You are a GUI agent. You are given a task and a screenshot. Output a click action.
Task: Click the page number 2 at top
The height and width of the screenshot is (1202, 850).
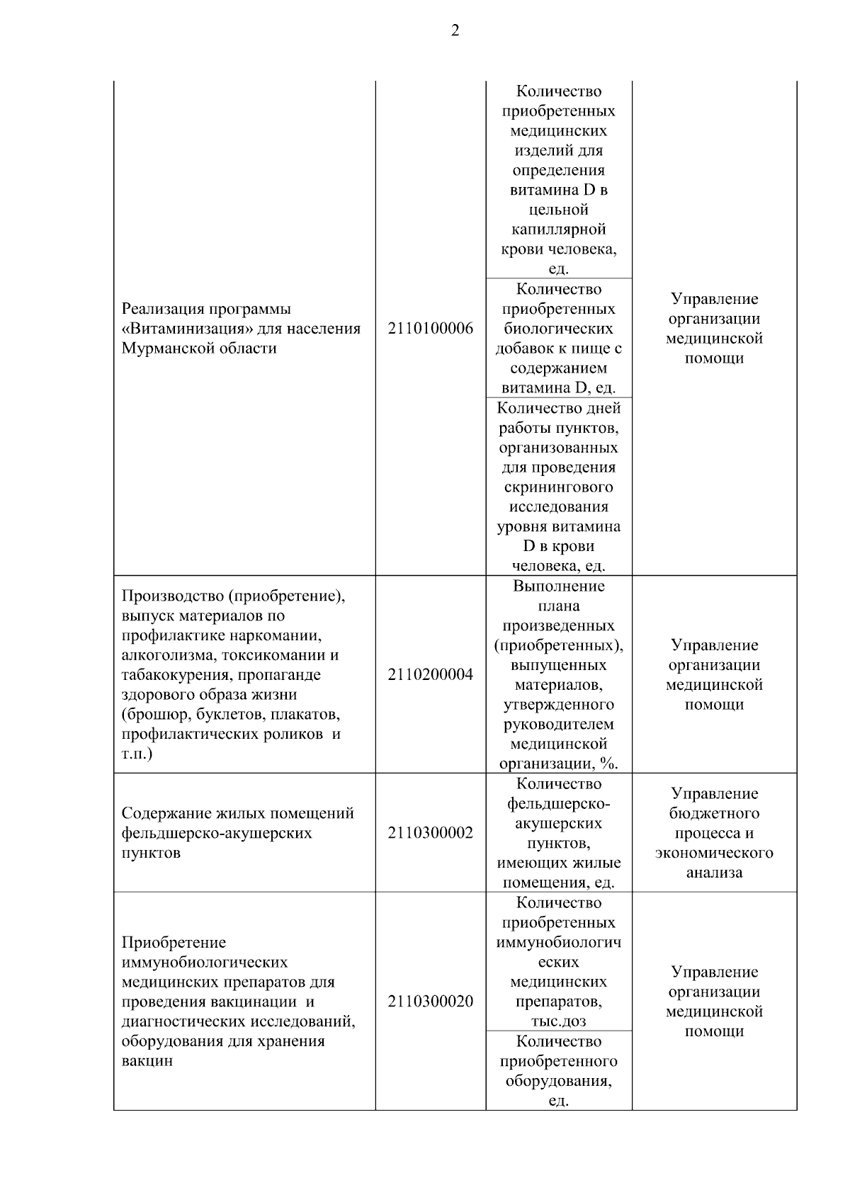click(455, 30)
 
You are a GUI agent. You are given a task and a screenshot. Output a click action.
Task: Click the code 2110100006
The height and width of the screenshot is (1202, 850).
click(430, 329)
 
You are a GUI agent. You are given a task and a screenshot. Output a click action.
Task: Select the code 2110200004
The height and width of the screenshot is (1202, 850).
click(430, 675)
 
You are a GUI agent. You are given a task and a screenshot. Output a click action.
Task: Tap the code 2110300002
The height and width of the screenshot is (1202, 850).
click(430, 833)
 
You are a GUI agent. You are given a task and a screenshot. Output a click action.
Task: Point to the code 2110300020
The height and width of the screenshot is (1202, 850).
click(430, 1002)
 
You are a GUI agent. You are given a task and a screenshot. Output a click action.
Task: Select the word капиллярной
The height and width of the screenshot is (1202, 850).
click(558, 229)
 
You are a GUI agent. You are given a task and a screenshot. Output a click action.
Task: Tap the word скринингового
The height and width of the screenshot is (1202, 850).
click(558, 487)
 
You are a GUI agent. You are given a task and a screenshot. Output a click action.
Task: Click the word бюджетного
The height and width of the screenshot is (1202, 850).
click(714, 814)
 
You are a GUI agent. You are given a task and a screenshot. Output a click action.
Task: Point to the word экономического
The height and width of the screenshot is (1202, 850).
click(714, 853)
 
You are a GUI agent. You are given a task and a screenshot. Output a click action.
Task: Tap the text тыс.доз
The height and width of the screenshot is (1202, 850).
click(558, 1021)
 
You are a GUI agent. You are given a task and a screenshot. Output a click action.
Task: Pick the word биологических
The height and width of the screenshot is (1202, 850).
click(558, 329)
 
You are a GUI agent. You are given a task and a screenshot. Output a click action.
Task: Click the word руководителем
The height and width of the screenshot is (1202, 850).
click(558, 725)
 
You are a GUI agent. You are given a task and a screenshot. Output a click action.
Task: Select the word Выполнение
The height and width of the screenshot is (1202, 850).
click(558, 586)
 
